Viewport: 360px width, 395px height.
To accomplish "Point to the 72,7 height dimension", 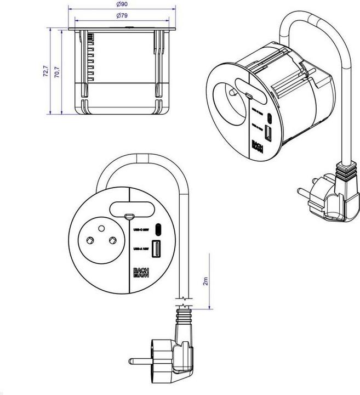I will [46, 71].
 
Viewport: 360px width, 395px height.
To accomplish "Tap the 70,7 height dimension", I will [58, 71].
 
